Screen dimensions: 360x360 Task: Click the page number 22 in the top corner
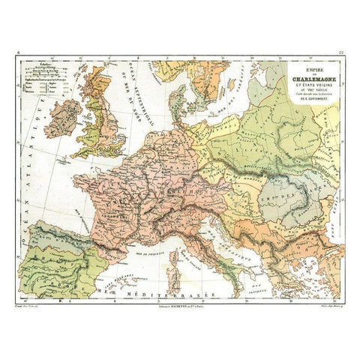[x=341, y=53]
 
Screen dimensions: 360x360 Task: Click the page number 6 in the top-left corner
[x=18, y=53]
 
